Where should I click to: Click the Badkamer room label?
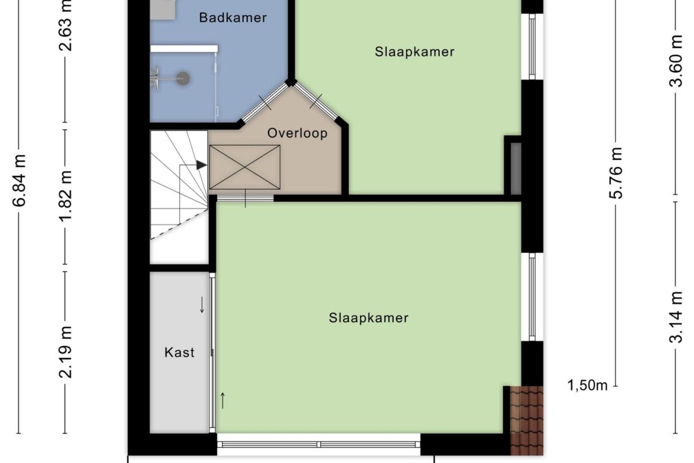(x=233, y=18)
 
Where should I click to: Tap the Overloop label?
(x=298, y=133)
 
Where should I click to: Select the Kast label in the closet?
(x=179, y=353)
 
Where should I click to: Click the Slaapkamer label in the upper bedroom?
(x=415, y=52)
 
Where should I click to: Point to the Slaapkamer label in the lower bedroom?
(x=369, y=318)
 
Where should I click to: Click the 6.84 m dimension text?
(x=20, y=186)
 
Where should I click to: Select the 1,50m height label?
(x=588, y=386)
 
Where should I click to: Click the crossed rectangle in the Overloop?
(x=245, y=167)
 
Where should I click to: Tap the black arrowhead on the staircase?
(x=201, y=165)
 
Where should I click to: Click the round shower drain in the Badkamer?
(x=183, y=79)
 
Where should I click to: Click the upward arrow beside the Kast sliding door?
(x=222, y=400)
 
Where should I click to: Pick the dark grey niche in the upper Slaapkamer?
(x=515, y=169)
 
